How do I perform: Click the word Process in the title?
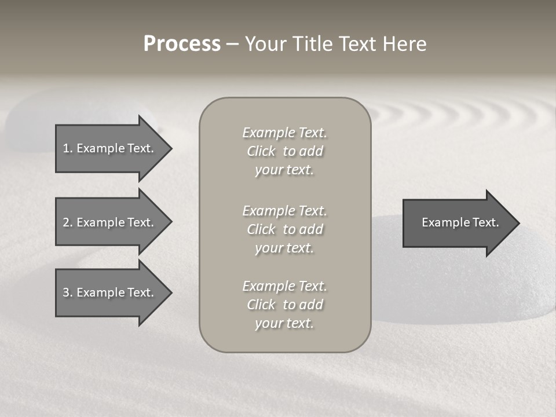pos(182,44)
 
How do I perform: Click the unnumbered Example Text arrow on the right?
pos(460,223)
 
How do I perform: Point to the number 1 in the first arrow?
pos(66,148)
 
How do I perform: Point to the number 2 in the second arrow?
pos(66,222)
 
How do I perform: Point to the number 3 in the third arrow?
pos(66,292)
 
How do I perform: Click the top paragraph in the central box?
pos(284,151)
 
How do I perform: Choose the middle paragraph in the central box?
pos(284,229)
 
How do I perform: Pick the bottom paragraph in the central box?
pos(284,305)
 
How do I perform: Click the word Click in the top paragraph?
pos(261,151)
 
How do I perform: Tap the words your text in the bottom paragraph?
pos(284,323)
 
